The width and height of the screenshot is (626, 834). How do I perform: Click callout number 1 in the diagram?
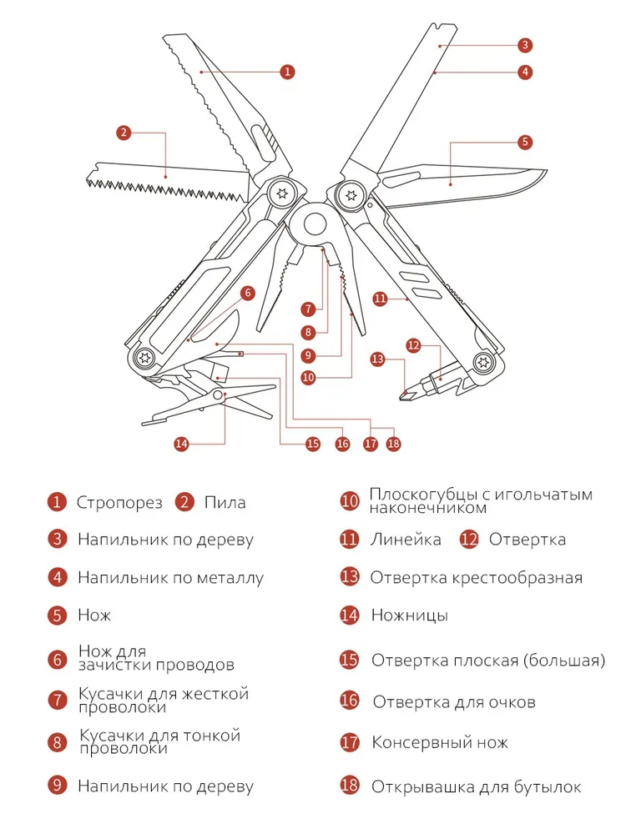coord(287,72)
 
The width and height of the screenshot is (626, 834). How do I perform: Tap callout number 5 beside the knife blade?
coord(524,142)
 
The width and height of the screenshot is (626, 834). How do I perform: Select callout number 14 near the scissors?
coord(182,444)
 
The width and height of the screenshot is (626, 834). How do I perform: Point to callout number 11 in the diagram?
coord(381,298)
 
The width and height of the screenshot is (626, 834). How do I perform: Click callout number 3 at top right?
coord(524,45)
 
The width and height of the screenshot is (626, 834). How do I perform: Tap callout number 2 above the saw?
coord(124,132)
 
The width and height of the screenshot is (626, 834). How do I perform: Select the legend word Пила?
coord(225,503)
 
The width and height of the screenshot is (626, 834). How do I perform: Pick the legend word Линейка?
coord(406,540)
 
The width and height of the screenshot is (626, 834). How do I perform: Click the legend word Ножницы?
coord(409,615)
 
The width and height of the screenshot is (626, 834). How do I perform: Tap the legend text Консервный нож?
coord(439,742)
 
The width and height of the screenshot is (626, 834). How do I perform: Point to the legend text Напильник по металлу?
coord(170,577)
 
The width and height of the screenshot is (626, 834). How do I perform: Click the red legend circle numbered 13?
coord(350,577)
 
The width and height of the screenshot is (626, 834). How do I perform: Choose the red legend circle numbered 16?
coord(350,701)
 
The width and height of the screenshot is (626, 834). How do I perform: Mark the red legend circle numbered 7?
coord(56,700)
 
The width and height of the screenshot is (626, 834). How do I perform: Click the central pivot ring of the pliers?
coord(315,224)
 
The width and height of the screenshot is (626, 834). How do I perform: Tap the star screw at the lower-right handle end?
coord(482,361)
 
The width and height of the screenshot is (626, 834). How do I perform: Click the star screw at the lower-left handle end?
coord(144,357)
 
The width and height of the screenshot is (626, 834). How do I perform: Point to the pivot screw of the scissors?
coord(219,394)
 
